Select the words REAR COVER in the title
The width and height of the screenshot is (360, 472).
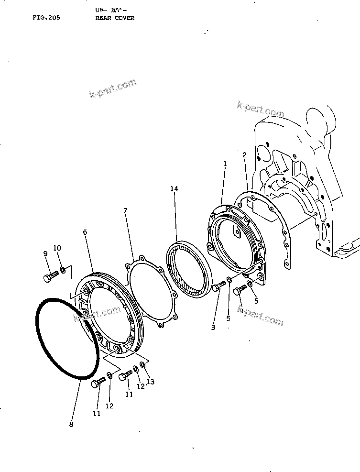click(115, 18)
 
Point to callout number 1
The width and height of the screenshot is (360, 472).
click(225, 163)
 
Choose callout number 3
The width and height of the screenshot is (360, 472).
click(213, 327)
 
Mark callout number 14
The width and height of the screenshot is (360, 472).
click(174, 189)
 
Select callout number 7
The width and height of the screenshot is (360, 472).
click(125, 210)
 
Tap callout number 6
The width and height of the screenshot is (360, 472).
click(85, 232)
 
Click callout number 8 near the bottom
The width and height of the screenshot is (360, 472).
click(71, 423)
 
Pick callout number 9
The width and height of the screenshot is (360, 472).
click(46, 253)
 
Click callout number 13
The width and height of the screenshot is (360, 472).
click(151, 382)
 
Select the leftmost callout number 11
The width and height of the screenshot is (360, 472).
click(97, 414)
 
